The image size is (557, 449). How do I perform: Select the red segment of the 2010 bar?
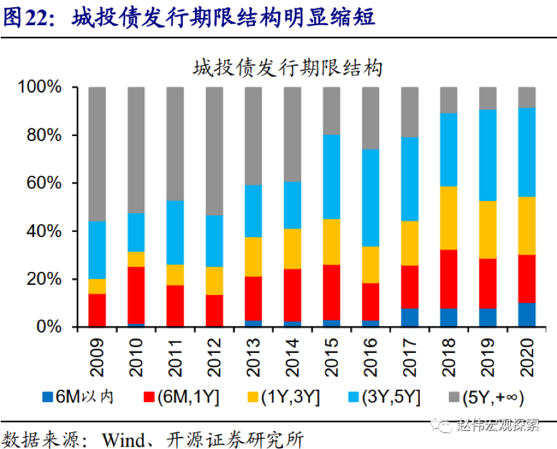(x=136, y=296)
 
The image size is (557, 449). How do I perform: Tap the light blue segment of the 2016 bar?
(x=370, y=198)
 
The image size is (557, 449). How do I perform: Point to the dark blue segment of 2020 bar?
(x=527, y=315)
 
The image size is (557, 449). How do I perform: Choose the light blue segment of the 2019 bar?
(x=488, y=155)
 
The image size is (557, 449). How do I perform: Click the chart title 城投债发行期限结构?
(x=287, y=67)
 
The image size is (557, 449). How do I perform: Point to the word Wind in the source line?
(x=123, y=439)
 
